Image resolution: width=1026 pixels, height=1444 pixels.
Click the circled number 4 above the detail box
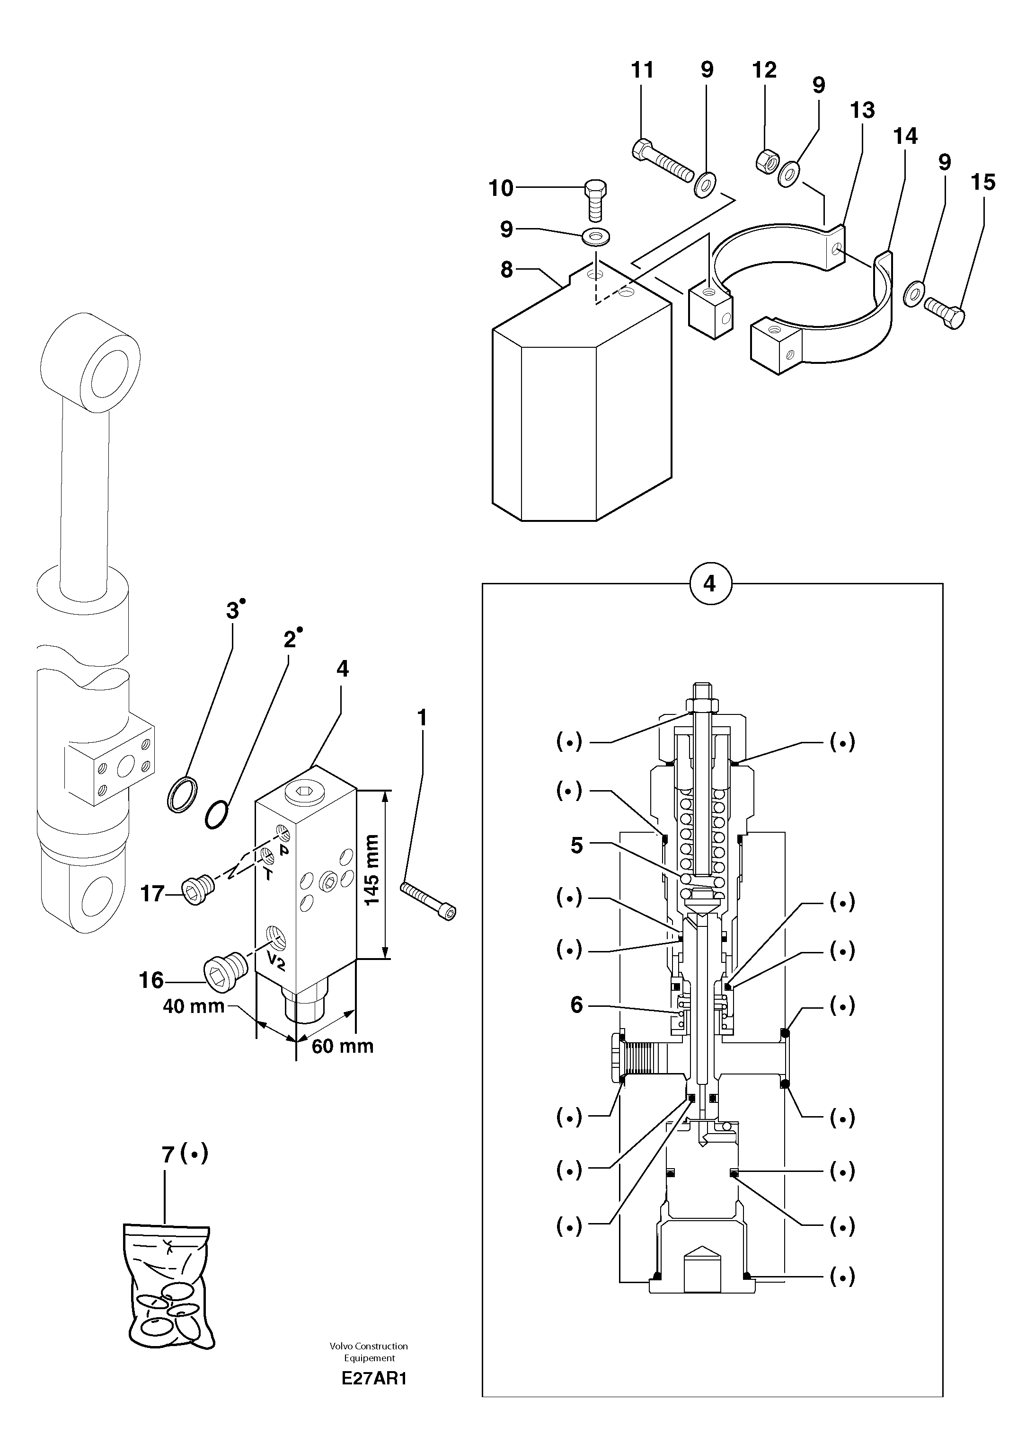[x=709, y=584]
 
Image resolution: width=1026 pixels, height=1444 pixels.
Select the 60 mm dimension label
[x=343, y=1046]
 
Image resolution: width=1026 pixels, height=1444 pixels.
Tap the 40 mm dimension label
[x=194, y=1005]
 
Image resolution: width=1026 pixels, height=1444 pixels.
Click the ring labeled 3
[x=182, y=795]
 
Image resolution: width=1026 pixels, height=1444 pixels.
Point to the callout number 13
[x=862, y=111]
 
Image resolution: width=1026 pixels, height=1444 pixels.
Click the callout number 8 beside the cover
[x=507, y=270]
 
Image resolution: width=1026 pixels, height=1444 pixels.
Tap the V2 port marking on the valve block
[x=275, y=959]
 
